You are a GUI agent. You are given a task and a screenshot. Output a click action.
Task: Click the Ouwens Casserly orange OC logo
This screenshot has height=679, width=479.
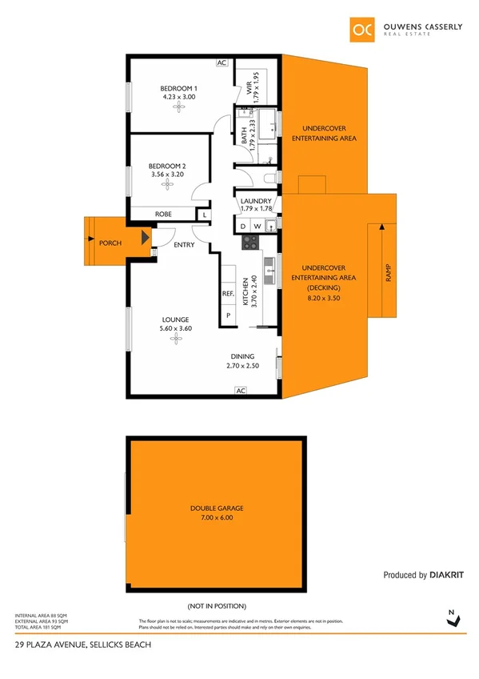coord(362,28)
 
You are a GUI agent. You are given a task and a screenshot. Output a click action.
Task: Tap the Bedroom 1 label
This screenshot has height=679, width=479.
coord(178,88)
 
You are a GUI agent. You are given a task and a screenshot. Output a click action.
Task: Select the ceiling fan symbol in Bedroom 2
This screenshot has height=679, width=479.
coord(167,185)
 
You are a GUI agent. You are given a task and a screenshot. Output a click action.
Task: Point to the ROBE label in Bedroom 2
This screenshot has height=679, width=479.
coord(164,215)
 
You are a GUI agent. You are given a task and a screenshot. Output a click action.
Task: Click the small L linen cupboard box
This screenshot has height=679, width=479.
coord(206,215)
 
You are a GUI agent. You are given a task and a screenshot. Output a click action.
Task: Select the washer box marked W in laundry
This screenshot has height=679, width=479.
coord(257,227)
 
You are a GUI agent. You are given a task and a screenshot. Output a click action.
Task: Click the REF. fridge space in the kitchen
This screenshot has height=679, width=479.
coord(228,294)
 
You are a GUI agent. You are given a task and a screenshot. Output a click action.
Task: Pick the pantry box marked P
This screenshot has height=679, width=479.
coord(228,315)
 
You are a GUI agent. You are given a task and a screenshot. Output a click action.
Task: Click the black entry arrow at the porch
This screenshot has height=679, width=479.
coord(145,238)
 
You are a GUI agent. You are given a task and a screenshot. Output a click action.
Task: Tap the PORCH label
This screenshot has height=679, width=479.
coord(110,242)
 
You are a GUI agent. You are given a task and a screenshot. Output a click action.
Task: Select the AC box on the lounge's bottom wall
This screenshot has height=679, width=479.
coord(240,391)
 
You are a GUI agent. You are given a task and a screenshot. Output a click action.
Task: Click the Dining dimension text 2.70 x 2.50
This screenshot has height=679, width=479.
coord(243,366)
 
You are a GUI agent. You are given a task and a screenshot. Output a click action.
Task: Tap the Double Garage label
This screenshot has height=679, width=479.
coord(217,508)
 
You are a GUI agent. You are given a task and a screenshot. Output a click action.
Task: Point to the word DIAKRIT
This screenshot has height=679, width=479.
coord(448,575)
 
